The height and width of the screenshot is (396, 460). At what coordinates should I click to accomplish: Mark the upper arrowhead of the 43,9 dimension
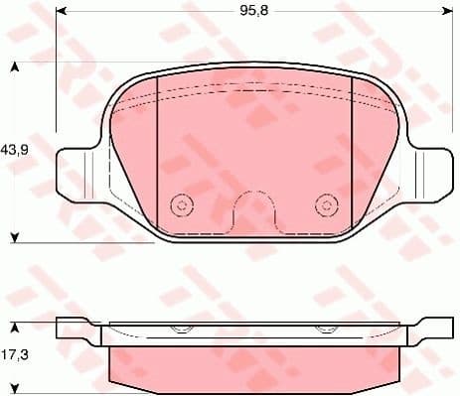(x=15, y=68)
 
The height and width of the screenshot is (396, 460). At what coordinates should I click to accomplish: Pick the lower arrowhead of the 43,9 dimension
(x=15, y=236)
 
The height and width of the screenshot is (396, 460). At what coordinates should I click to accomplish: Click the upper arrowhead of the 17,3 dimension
(x=15, y=325)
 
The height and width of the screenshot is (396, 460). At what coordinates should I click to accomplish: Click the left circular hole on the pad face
(x=181, y=205)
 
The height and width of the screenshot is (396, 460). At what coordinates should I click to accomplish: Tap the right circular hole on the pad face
(x=325, y=205)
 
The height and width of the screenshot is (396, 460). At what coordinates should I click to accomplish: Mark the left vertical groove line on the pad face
(x=160, y=159)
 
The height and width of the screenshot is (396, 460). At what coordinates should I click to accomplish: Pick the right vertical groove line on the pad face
(x=353, y=159)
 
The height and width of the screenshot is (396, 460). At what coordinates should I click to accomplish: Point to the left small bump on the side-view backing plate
(x=181, y=330)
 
